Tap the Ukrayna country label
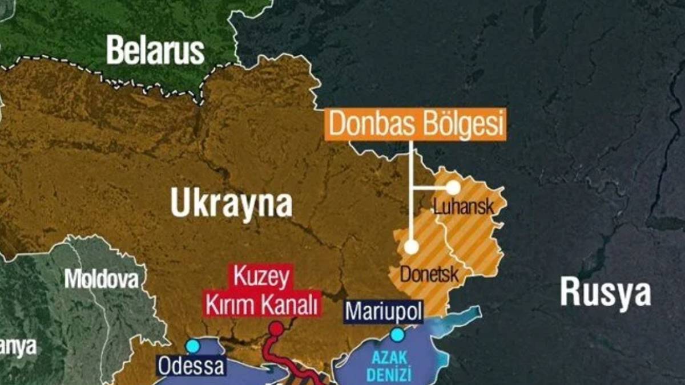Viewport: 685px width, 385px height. click(x=231, y=204)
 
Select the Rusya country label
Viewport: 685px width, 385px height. click(x=605, y=291)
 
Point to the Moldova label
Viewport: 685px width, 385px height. click(x=101, y=279)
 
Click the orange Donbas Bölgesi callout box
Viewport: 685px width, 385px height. click(x=416, y=125)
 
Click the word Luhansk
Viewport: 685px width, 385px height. click(x=464, y=206)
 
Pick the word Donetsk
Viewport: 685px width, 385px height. click(x=429, y=274)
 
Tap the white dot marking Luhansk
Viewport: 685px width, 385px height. click(x=453, y=187)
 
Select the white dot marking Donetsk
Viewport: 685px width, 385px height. click(x=411, y=246)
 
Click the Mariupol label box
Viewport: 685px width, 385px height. click(x=384, y=312)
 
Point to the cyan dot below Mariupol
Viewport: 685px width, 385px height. click(x=396, y=333)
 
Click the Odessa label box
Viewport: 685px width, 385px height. click(x=191, y=366)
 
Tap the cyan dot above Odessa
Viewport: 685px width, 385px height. click(x=193, y=346)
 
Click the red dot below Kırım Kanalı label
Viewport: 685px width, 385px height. click(x=276, y=329)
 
